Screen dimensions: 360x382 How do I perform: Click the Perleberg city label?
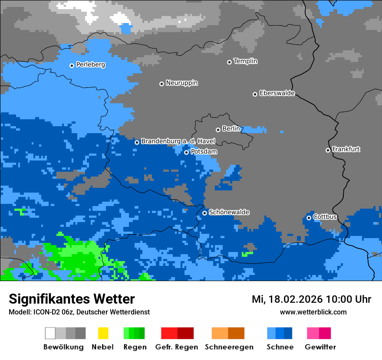point(90,65)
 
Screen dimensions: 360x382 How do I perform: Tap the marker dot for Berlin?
point(218,130)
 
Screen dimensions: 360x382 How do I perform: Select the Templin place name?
point(245,61)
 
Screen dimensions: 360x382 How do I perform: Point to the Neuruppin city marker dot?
point(161,84)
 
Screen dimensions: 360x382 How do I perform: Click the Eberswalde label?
point(277,93)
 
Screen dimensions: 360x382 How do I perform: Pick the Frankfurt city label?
point(346,149)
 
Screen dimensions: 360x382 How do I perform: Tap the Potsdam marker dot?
point(186,152)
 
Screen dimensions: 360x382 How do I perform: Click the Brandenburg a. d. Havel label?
point(178,141)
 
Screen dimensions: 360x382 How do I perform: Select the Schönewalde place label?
point(229,212)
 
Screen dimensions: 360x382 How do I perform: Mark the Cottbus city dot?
point(309,218)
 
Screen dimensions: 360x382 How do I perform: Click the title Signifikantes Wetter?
point(72,299)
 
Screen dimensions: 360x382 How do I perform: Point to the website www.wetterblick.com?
point(313,312)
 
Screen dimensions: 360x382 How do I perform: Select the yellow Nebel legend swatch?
point(103,333)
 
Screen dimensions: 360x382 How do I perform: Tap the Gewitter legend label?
point(320,347)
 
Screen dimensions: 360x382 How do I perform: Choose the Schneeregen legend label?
point(229,347)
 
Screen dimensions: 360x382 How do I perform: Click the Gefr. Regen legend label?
point(176,347)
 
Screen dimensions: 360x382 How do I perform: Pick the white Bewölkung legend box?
point(50,333)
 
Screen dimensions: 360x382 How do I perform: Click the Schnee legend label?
point(280,347)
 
